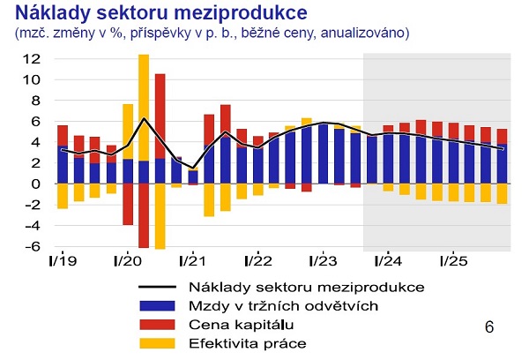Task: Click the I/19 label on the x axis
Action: click(x=62, y=261)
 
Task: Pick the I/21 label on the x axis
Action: click(x=192, y=261)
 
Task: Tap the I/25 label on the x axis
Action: click(x=452, y=261)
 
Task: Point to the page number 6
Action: click(x=490, y=326)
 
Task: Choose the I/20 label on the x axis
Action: click(x=127, y=261)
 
